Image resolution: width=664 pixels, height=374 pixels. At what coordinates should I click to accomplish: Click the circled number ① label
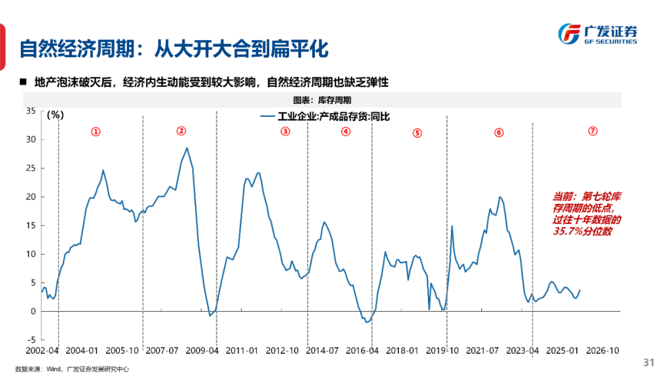pyautogui.click(x=96, y=132)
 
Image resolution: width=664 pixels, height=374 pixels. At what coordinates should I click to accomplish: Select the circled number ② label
pyautogui.click(x=181, y=130)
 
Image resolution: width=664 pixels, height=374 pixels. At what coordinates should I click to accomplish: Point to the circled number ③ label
pyautogui.click(x=285, y=131)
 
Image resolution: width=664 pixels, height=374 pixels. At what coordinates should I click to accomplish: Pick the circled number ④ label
pyautogui.click(x=346, y=131)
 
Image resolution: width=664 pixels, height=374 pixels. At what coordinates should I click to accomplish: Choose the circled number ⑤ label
pyautogui.click(x=417, y=133)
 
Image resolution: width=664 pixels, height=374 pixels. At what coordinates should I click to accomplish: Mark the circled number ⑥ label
pyautogui.click(x=499, y=132)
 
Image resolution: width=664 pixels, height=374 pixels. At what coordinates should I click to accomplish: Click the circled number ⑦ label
pyautogui.click(x=593, y=130)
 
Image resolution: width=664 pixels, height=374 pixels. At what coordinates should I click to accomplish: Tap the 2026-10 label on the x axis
pyautogui.click(x=602, y=351)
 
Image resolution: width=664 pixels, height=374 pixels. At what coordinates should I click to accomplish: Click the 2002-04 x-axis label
pyautogui.click(x=42, y=351)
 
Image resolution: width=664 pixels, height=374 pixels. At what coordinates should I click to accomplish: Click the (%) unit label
pyautogui.click(x=55, y=114)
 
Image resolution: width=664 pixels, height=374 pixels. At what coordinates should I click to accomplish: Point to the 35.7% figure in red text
pyautogui.click(x=567, y=231)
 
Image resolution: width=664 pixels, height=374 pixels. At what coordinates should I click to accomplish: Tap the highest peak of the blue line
pyautogui.click(x=187, y=148)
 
